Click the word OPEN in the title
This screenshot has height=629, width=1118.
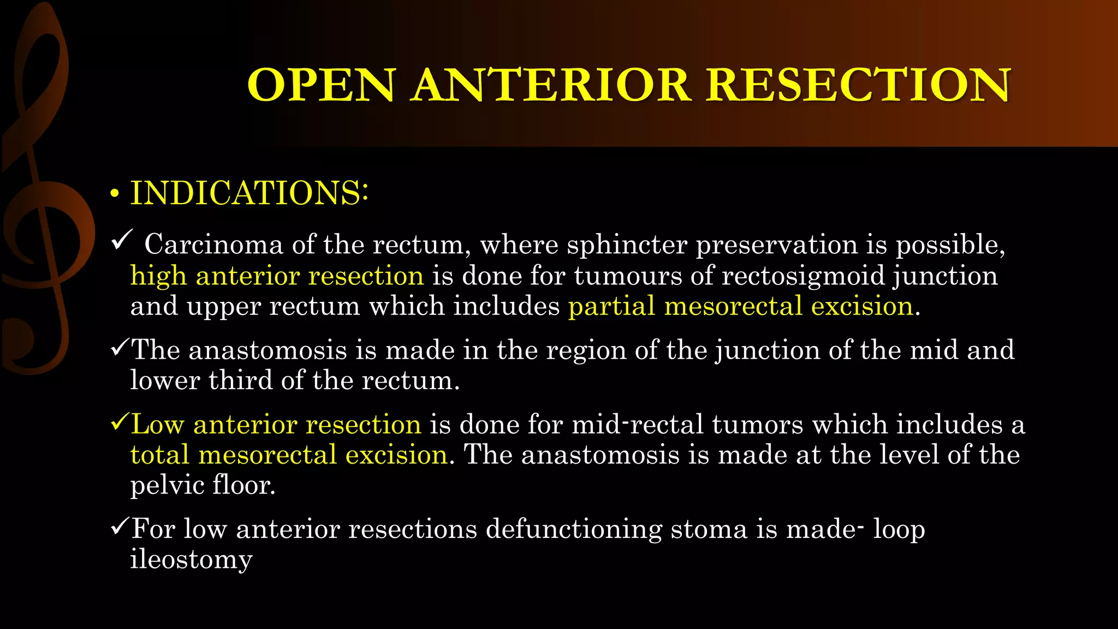[x=321, y=85]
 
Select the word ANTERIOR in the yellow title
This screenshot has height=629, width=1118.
[x=552, y=85]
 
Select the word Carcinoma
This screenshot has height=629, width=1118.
[x=213, y=244]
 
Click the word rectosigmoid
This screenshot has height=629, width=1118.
[x=803, y=275]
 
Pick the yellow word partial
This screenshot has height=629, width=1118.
[x=611, y=306]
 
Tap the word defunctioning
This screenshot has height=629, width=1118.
[x=574, y=529]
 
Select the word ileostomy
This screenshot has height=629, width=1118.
[x=191, y=560]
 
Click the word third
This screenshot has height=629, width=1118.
[x=240, y=380]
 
